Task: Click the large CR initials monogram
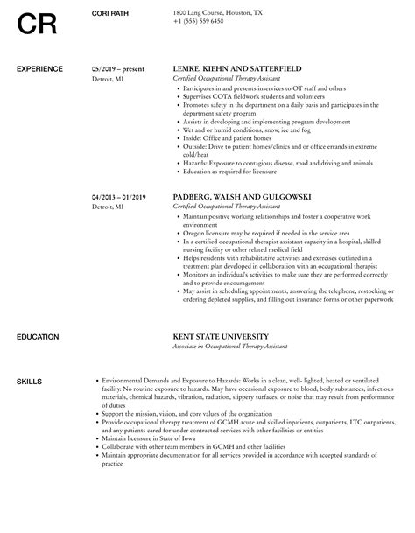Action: click(38, 24)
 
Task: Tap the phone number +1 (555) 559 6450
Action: click(199, 20)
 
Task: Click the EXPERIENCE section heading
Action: click(39, 69)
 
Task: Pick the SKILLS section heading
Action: click(28, 356)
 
